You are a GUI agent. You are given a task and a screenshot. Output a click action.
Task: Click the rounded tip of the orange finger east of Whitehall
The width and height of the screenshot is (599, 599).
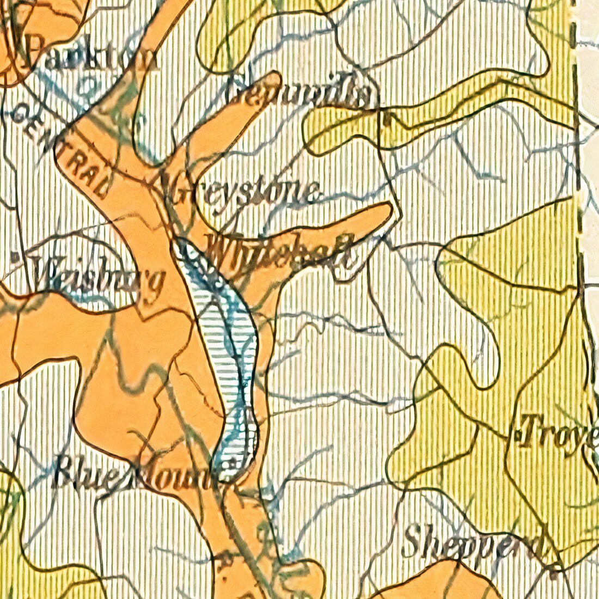pos(384,212)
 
